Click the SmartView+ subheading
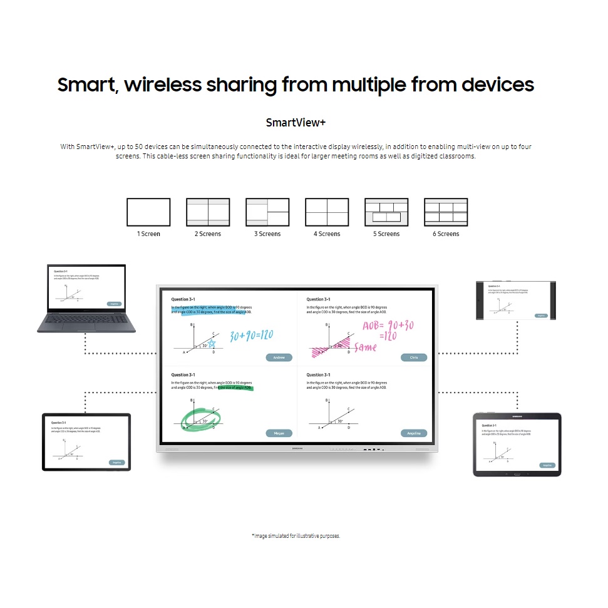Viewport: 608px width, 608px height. [296, 122]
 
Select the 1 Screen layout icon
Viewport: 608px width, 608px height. [148, 212]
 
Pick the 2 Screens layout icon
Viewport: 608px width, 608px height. [208, 212]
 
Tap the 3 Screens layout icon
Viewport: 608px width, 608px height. [267, 212]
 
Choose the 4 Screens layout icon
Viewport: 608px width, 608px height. [327, 212]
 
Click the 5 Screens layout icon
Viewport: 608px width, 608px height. [386, 212]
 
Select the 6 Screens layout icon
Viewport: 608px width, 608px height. [446, 212]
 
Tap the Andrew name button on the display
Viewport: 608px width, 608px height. [279, 358]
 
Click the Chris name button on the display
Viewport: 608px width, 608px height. [414, 358]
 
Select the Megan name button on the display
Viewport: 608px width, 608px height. [279, 433]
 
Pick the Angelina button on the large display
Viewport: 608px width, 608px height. [414, 433]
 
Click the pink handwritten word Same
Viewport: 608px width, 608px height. [365, 347]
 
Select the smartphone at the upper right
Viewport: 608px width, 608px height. [517, 301]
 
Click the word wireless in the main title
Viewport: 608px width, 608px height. [165, 85]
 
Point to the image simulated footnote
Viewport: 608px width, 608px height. [296, 536]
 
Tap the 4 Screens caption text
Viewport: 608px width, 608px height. [327, 234]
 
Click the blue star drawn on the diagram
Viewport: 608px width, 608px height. [212, 343]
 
